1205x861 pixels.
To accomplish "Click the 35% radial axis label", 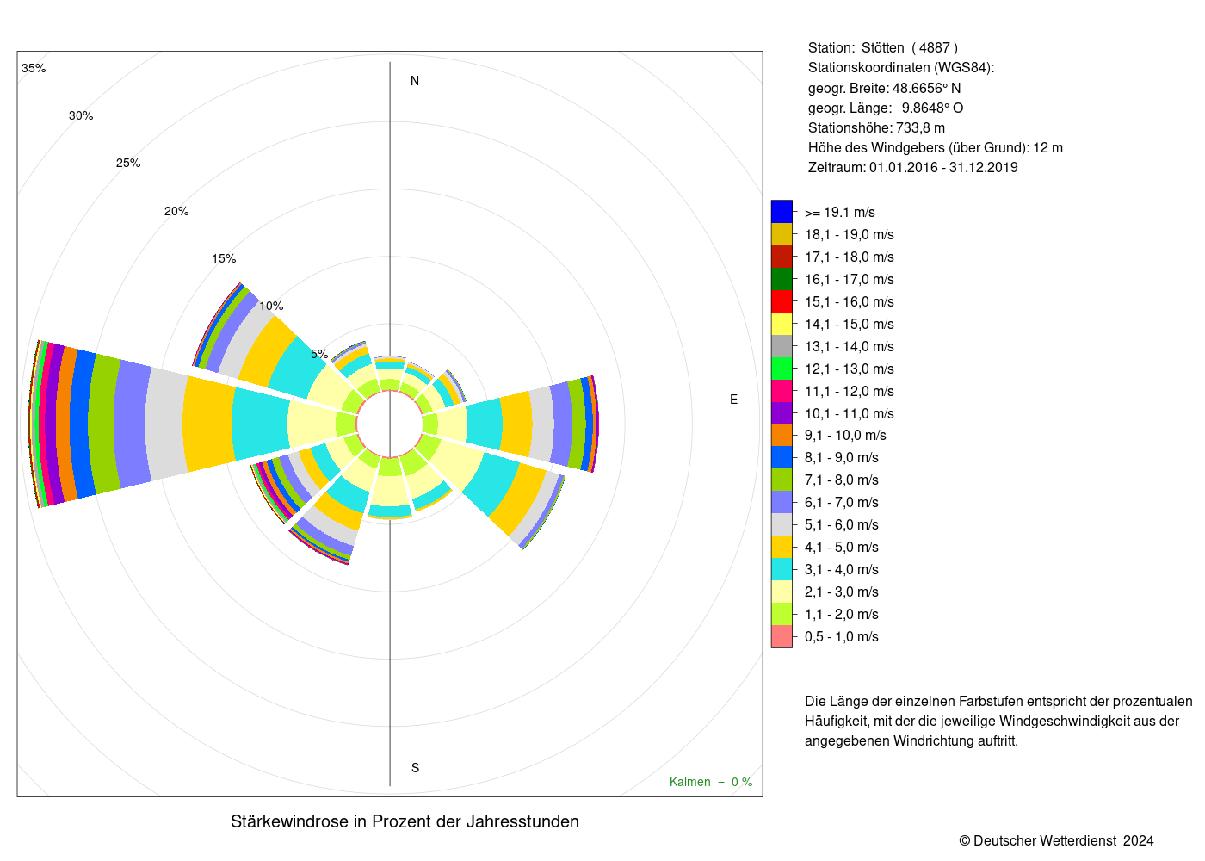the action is tap(34, 68).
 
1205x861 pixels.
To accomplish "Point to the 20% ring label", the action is tap(176, 212).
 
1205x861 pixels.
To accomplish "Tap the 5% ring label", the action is tap(319, 354).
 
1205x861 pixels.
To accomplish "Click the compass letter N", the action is tap(415, 81).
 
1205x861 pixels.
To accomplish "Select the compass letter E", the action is tap(733, 400).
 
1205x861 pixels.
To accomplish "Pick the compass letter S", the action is tap(415, 768).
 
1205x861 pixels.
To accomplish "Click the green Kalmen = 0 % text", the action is tap(711, 782).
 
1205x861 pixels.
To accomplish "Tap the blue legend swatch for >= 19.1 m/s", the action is tap(782, 212).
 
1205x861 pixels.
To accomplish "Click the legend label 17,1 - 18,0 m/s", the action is tap(849, 257).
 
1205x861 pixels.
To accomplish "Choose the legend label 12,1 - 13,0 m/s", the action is tap(849, 369).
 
